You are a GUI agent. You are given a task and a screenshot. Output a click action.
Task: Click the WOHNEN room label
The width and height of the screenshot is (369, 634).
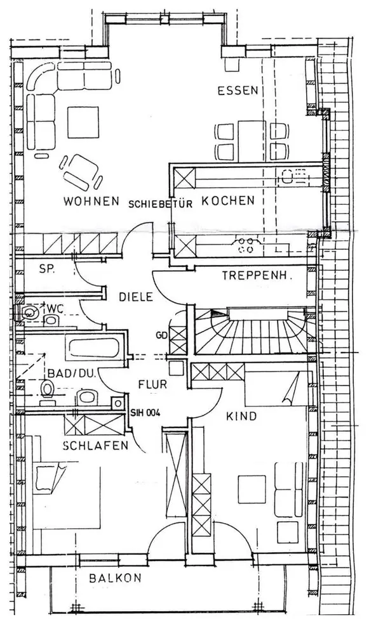pos(91,201)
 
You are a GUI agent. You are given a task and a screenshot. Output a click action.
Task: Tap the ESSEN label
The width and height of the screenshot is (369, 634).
pos(238,90)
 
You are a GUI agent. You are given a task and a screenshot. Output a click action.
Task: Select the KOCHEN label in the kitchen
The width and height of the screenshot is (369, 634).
pos(229,200)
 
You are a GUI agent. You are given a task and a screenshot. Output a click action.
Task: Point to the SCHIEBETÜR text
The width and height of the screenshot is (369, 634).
pos(160,204)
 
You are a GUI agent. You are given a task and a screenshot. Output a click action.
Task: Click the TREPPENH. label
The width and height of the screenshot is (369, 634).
pos(257,276)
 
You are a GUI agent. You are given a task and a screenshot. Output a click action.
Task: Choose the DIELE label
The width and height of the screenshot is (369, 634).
pos(136,297)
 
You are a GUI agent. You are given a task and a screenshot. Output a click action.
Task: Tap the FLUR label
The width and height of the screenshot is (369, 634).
pos(152,384)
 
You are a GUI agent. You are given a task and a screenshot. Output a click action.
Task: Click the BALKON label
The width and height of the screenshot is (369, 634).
pos(115,578)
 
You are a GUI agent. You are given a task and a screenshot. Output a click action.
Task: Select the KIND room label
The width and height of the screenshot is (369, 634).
pos(241,416)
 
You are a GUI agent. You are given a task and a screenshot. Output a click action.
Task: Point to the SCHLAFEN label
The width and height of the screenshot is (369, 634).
pos(96,446)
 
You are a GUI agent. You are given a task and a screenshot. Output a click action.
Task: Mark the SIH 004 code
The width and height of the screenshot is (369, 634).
pos(145,413)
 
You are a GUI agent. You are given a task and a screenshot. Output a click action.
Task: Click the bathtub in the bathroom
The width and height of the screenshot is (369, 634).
pos(94,348)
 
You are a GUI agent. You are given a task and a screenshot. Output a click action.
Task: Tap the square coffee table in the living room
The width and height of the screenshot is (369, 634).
pos(83,122)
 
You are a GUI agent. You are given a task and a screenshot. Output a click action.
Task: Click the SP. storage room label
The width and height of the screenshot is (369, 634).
pos(47,269)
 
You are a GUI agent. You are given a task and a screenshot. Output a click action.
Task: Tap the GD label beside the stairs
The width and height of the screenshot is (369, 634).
pos(162,335)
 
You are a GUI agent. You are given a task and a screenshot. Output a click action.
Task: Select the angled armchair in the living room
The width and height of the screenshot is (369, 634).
pos(81,172)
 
